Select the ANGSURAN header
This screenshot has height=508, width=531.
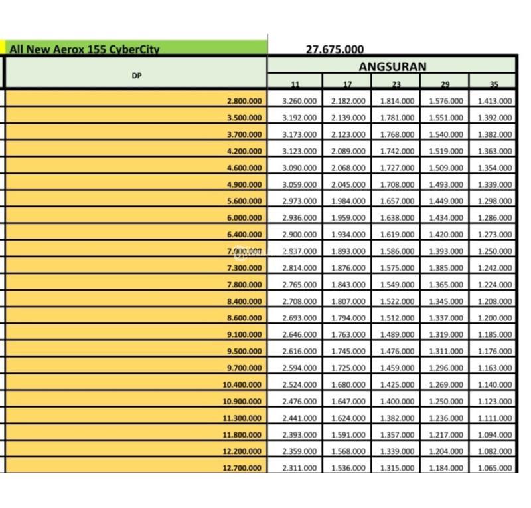click(392, 66)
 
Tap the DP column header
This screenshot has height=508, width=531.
click(137, 76)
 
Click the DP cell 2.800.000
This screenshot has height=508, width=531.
click(244, 101)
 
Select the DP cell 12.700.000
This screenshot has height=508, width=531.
click(242, 468)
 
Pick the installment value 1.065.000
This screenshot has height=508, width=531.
click(494, 468)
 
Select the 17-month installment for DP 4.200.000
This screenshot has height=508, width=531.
click(348, 151)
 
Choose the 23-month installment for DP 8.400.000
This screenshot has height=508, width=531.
click(397, 301)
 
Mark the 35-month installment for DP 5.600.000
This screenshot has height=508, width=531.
click(494, 201)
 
